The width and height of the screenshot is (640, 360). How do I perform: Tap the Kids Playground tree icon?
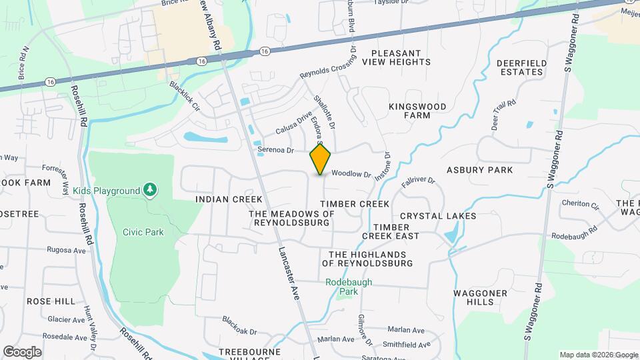(151, 191)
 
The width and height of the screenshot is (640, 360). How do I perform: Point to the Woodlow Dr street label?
(351, 174)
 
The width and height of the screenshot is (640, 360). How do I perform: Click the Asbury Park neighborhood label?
(480, 170)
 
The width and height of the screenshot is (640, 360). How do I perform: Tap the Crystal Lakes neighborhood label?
(438, 216)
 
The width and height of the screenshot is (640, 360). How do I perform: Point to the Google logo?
(22, 351)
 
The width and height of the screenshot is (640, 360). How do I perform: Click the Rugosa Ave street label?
(67, 250)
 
